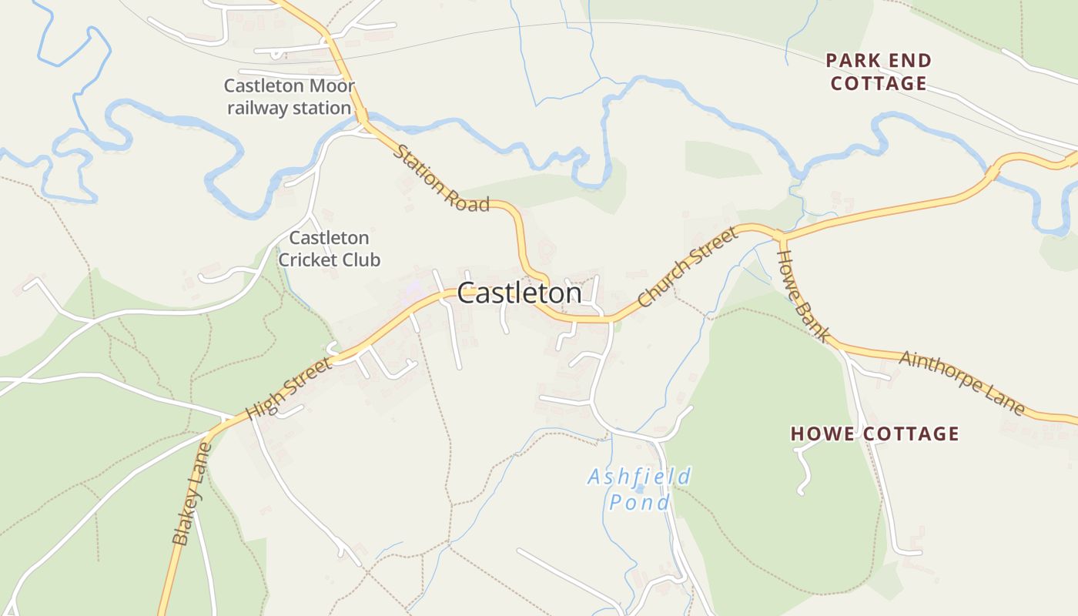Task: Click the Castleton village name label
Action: tap(520, 293)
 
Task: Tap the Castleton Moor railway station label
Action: tap(289, 97)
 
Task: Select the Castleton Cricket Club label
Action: tap(329, 249)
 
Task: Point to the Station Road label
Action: tap(441, 178)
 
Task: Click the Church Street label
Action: tap(688, 266)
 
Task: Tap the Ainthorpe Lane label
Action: tap(962, 383)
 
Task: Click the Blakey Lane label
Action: tap(191, 494)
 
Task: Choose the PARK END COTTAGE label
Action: tap(879, 72)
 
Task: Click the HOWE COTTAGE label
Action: tap(875, 434)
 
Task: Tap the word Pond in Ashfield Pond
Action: tap(639, 503)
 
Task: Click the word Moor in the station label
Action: tap(329, 85)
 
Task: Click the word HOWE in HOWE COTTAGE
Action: tap(823, 434)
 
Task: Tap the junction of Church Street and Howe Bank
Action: tap(778, 234)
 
